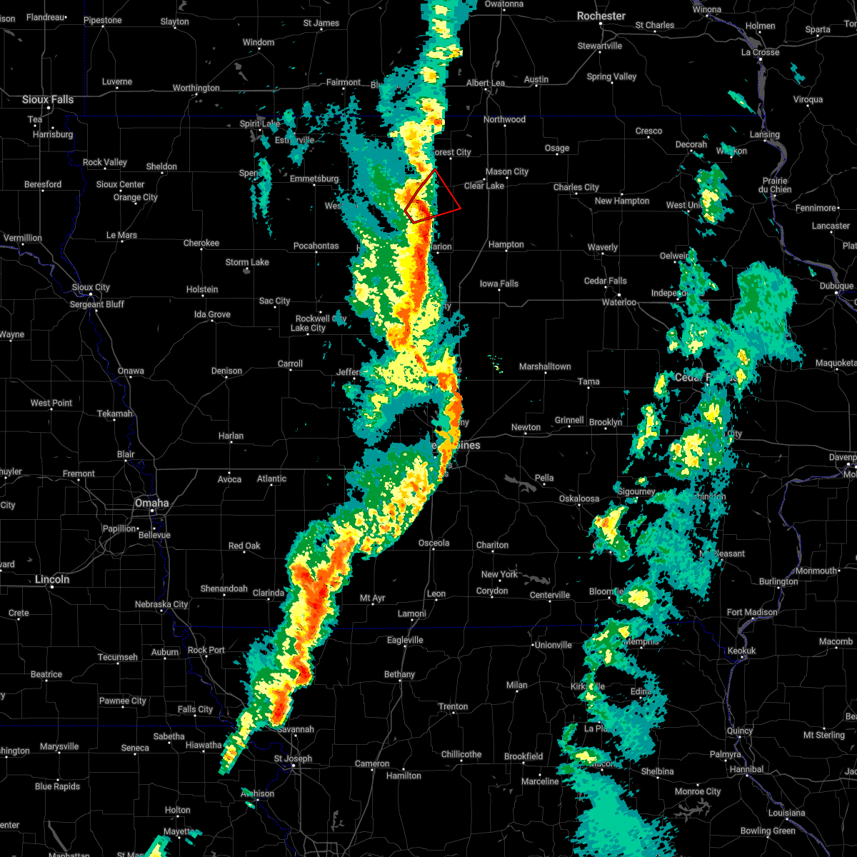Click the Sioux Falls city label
click(x=48, y=99)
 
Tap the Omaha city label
click(x=152, y=503)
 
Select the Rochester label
click(x=601, y=16)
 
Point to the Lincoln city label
click(x=52, y=579)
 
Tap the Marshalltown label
click(x=545, y=366)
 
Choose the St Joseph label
click(x=294, y=758)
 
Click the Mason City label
click(x=507, y=171)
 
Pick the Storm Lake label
click(x=247, y=262)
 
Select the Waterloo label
click(x=619, y=302)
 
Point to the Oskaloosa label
click(x=579, y=498)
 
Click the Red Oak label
click(x=244, y=546)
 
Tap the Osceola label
click(x=433, y=543)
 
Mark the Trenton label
click(x=453, y=706)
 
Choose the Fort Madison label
click(x=752, y=612)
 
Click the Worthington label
click(x=196, y=88)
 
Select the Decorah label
click(x=691, y=144)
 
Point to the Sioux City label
click(x=91, y=287)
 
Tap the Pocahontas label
click(x=316, y=246)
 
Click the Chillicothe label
click(x=461, y=754)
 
